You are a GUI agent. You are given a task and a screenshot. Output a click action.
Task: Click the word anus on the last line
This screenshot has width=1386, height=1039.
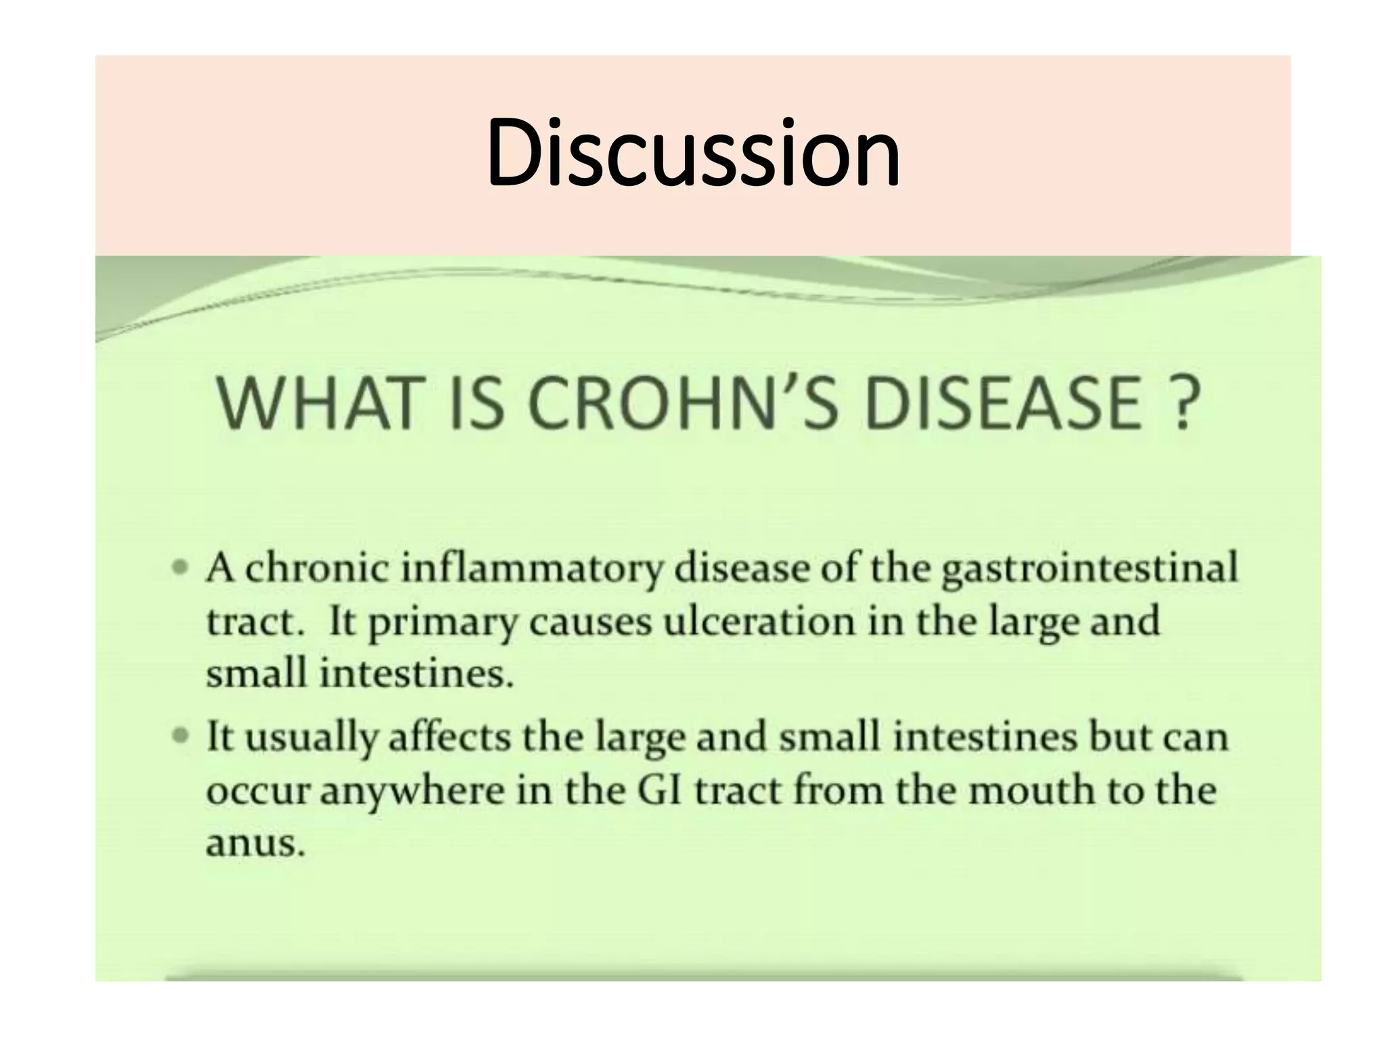pyautogui.click(x=254, y=845)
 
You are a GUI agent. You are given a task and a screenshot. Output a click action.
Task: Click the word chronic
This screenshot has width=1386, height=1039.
pyautogui.click(x=317, y=569)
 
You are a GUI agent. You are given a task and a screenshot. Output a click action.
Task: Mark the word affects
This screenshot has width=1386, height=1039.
pyautogui.click(x=449, y=737)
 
